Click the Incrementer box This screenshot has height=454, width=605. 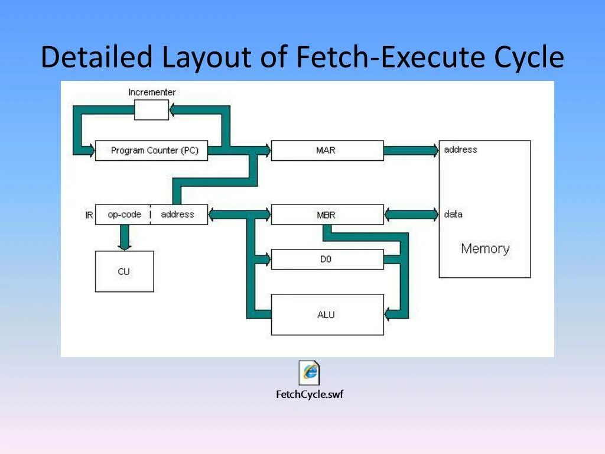(151, 110)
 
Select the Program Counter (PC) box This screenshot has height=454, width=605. (151, 151)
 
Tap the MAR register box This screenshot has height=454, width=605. (327, 151)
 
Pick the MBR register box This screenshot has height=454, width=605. (327, 215)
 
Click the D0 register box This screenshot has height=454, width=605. (327, 259)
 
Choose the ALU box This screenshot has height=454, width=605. (327, 314)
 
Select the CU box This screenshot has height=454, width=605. (124, 271)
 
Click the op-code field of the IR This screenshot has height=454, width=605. (123, 215)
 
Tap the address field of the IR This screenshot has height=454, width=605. (178, 215)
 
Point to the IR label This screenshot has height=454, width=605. (89, 215)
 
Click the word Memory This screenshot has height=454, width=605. (485, 248)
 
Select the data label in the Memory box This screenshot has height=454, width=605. (453, 214)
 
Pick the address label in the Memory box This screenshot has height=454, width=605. (460, 150)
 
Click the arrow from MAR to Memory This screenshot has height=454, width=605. (411, 151)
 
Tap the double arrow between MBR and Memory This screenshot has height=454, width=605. (411, 215)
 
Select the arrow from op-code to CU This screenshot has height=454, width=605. (124, 237)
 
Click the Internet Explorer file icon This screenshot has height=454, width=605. (309, 372)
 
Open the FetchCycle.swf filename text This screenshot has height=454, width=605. (309, 394)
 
